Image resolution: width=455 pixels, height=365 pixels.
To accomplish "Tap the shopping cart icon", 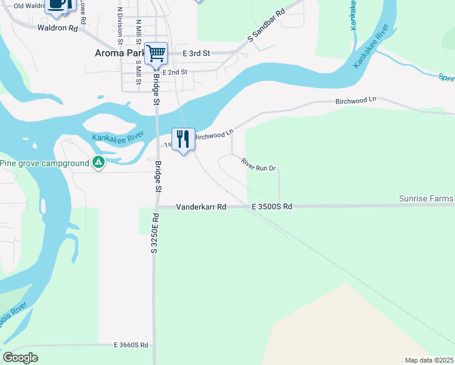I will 156,54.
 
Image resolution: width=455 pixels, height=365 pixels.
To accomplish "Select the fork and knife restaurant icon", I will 183,139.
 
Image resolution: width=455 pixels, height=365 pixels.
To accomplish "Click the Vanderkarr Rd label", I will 201,207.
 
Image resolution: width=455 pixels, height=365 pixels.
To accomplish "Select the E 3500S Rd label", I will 273,207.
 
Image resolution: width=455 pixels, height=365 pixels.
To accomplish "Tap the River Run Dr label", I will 259,164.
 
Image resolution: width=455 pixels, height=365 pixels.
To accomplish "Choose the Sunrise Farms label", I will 426,199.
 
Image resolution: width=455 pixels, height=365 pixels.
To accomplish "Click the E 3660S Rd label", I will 131,345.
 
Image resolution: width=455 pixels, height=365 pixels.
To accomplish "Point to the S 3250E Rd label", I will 155,233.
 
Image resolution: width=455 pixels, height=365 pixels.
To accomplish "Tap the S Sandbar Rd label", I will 266,26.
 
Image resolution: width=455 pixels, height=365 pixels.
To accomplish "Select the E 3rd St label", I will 196,54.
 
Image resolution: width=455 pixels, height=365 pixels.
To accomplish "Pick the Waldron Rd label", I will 58,28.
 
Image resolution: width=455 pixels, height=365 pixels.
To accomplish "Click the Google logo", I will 21,357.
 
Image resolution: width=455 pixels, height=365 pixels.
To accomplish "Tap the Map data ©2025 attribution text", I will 429,360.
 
